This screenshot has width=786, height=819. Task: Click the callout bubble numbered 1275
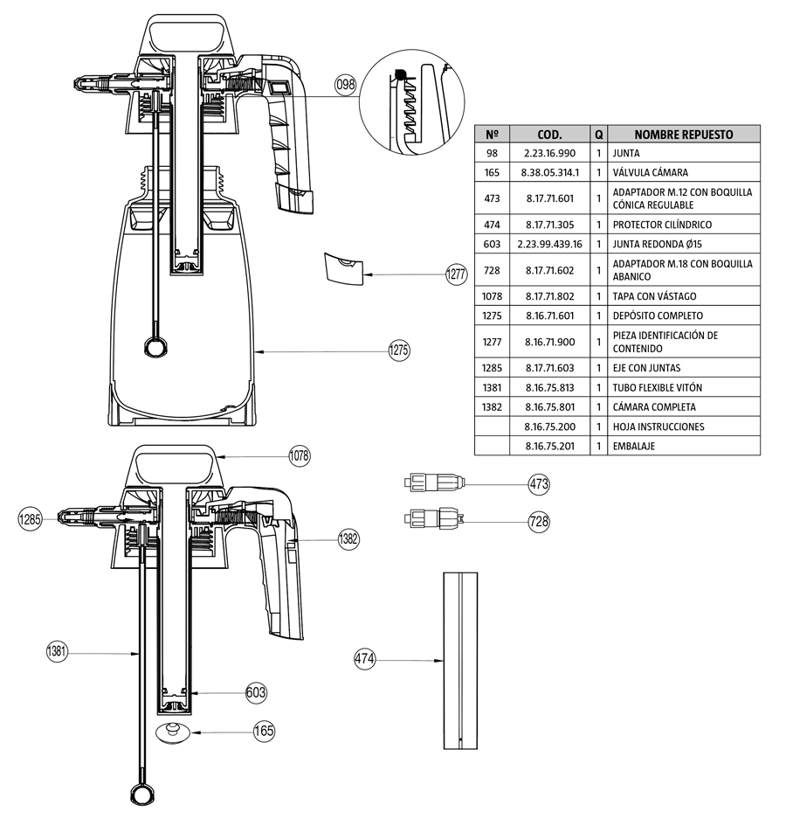(x=399, y=351)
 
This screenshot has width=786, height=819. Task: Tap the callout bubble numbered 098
(x=346, y=85)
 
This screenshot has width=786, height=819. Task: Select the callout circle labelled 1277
(x=457, y=274)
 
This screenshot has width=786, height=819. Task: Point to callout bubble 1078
(x=300, y=455)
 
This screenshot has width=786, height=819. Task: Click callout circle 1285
(x=31, y=520)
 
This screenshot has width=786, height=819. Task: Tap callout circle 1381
(x=57, y=651)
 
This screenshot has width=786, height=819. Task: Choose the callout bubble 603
(x=256, y=692)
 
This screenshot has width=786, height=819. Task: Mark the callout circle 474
(x=364, y=659)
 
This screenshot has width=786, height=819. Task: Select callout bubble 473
(x=539, y=483)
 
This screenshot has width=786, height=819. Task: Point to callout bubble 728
(x=539, y=521)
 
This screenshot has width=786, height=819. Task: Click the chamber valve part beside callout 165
(x=174, y=731)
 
